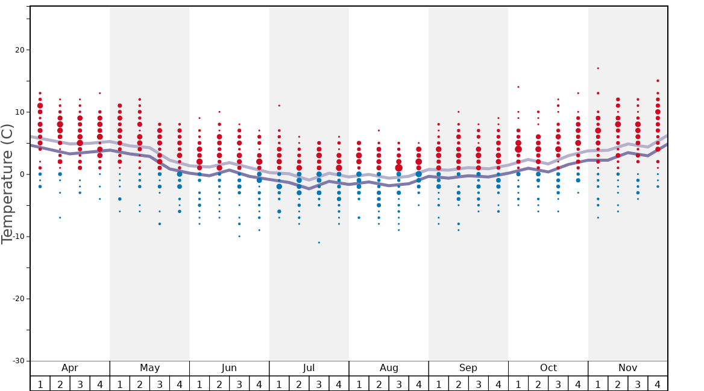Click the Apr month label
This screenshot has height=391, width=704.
[70, 368]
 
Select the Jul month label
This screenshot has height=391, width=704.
[309, 368]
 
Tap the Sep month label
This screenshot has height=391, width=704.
[468, 368]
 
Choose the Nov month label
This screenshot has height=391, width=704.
[627, 368]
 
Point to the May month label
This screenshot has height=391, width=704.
[149, 368]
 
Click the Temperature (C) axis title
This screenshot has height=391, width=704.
[7, 183]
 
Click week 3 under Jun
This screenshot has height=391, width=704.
[239, 384]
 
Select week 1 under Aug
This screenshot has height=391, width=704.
[359, 384]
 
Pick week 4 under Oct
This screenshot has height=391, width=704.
[578, 384]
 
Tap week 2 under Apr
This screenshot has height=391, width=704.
[60, 384]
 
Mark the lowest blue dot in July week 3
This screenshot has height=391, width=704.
[319, 243]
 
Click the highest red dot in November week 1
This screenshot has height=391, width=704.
[598, 68]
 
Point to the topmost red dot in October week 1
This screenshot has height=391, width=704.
[518, 87]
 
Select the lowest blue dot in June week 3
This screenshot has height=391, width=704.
[239, 236]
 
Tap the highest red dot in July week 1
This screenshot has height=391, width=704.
[279, 106]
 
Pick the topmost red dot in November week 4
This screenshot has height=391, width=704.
[658, 80]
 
